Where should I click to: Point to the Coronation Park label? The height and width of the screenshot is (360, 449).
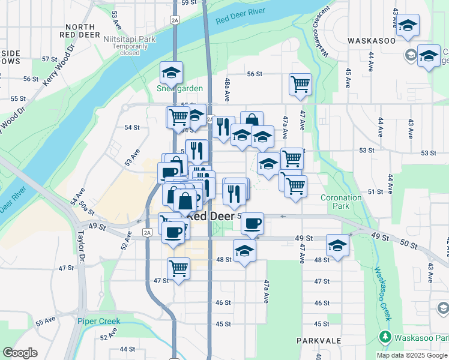tap(340, 202)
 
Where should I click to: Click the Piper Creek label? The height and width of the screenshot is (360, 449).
tap(98, 321)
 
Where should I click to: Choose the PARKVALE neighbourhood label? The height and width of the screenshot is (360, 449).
tap(319, 340)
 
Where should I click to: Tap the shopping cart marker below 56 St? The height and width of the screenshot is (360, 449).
tap(300, 84)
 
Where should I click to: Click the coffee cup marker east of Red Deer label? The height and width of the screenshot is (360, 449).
tap(252, 223)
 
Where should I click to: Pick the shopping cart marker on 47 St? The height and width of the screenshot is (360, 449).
tap(178, 268)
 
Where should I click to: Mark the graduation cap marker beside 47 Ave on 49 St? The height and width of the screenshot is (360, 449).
tap(338, 245)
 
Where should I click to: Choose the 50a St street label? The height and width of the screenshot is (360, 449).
tap(87, 208)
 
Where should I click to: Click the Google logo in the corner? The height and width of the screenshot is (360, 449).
tap(20, 353)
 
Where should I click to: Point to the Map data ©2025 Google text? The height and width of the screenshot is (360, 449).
tap(412, 355)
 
